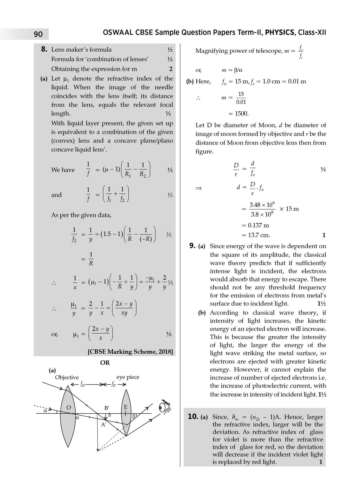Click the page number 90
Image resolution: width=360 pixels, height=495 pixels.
pyautogui.click(x=38, y=34)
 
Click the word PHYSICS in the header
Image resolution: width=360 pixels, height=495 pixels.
pyautogui.click(x=280, y=32)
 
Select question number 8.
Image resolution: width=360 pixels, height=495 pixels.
pyautogui.click(x=44, y=49)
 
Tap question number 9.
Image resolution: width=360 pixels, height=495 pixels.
pyautogui.click(x=193, y=246)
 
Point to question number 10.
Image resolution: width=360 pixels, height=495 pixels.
pyautogui.click(x=193, y=416)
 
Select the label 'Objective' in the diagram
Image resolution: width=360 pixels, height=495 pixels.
pyautogui.click(x=67, y=377)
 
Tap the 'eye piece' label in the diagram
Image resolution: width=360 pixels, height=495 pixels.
pyautogui.click(x=128, y=377)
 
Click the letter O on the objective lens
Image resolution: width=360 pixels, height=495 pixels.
pyautogui.click(x=69, y=407)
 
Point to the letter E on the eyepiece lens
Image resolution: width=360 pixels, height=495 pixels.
pyautogui.click(x=126, y=407)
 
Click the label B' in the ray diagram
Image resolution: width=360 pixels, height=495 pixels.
pyautogui.click(x=107, y=408)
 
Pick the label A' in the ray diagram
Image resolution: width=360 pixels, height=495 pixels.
pyautogui.click(x=104, y=424)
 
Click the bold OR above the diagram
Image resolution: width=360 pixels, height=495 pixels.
pyautogui.click(x=105, y=363)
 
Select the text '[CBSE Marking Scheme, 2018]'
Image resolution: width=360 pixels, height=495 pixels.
pyautogui.click(x=130, y=352)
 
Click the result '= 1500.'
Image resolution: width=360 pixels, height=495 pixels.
pyautogui.click(x=239, y=114)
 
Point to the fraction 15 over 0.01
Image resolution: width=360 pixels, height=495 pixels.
pyautogui.click(x=241, y=98)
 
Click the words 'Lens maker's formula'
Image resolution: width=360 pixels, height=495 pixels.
pyautogui.click(x=81, y=49)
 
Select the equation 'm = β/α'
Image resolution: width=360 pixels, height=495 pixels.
pyautogui.click(x=232, y=70)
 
